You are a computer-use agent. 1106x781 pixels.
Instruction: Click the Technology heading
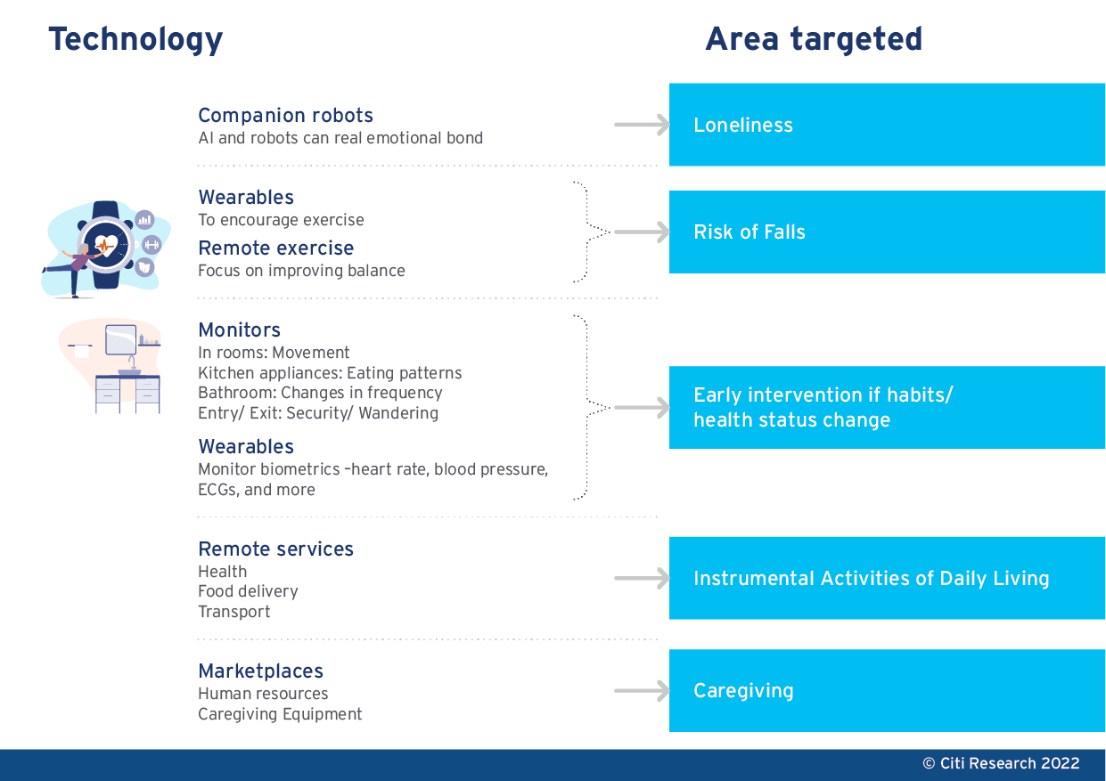(135, 39)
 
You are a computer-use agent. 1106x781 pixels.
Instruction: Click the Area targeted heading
(814, 38)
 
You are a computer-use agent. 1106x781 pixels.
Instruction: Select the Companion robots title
(285, 116)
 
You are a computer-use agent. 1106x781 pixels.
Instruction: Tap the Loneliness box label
(743, 125)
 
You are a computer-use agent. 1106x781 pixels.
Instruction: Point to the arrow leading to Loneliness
(642, 125)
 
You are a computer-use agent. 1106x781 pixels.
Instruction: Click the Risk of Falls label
(749, 232)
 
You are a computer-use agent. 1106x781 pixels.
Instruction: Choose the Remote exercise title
(276, 248)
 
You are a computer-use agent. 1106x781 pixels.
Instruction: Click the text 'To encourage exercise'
(281, 220)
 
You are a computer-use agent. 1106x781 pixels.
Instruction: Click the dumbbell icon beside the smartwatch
(152, 245)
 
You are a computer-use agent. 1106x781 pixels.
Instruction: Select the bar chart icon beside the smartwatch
(144, 220)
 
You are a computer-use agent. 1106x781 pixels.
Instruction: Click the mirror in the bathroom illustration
(121, 339)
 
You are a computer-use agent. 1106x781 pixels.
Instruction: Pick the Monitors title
(240, 330)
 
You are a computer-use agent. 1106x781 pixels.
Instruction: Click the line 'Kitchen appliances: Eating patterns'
(330, 373)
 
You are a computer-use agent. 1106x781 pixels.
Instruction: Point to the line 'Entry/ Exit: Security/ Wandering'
(318, 413)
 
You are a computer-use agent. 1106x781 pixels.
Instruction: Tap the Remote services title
(276, 549)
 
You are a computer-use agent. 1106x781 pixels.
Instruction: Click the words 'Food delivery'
(248, 591)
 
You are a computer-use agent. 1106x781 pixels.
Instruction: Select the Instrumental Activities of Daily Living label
(872, 578)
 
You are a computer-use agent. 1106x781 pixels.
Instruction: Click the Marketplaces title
(261, 671)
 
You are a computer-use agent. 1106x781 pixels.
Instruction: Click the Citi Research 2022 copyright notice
(1002, 763)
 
